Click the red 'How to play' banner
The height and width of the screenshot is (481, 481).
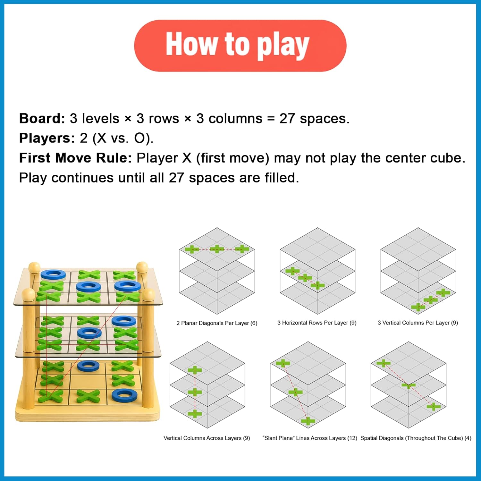(x=240, y=46)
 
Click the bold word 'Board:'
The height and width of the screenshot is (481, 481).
(x=42, y=118)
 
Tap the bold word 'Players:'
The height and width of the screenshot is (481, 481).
(x=47, y=138)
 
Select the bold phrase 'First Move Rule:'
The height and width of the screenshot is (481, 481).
(x=75, y=158)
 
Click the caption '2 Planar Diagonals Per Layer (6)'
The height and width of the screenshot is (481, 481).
(x=217, y=323)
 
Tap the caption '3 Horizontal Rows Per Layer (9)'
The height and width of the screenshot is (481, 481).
(x=317, y=323)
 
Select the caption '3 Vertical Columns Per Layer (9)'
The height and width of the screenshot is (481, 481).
(x=418, y=323)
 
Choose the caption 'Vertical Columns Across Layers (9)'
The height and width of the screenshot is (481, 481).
(x=207, y=438)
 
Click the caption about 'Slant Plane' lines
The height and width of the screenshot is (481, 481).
(x=310, y=438)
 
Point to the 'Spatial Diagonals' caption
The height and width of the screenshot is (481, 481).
(x=416, y=438)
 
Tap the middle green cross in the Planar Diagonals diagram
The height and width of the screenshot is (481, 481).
(x=217, y=249)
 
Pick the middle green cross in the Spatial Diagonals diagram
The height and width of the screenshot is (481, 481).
(x=408, y=385)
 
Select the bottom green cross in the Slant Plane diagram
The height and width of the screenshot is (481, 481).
(x=308, y=421)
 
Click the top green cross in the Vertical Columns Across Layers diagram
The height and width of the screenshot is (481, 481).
(x=195, y=370)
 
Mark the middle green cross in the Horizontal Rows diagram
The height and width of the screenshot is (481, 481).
(x=305, y=277)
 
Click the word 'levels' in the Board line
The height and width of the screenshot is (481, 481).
(x=101, y=118)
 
